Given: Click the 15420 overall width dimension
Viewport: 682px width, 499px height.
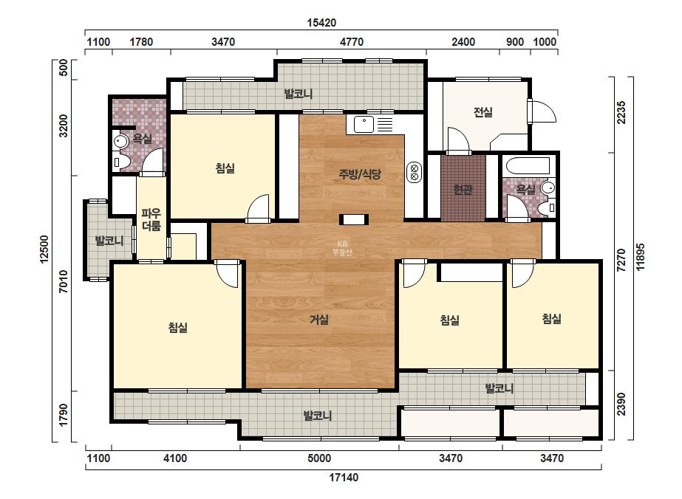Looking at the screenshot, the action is (321, 23).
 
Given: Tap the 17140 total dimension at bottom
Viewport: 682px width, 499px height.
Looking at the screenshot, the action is (344, 478).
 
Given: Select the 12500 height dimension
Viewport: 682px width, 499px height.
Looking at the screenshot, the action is (44, 250).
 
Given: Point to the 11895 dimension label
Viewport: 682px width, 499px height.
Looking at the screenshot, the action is (640, 257).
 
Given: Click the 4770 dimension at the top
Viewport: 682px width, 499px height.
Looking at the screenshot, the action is (352, 42).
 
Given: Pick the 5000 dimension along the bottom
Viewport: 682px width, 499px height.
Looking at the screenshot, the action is (319, 458).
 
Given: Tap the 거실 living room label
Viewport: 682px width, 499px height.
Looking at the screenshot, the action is (319, 320).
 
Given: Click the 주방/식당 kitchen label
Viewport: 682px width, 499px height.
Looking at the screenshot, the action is (360, 174).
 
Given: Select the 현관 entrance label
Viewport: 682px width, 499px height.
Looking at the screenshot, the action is (463, 190).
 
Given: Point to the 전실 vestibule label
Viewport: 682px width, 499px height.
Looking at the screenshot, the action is (482, 112).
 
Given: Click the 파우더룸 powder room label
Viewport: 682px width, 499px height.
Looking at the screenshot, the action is (151, 219).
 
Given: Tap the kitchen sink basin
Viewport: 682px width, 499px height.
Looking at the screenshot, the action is (364, 124).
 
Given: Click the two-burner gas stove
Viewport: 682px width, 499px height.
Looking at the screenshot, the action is (414, 172).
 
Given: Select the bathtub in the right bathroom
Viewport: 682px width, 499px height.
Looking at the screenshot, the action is (528, 166).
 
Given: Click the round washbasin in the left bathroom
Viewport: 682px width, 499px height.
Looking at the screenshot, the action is (120, 141).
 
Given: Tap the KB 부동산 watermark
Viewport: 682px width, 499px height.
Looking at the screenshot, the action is (342, 249).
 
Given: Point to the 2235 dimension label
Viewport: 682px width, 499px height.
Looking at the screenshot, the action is (621, 112).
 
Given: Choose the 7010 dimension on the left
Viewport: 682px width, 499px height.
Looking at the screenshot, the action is (64, 281).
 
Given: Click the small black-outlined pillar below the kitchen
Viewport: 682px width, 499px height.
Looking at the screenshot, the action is (354, 219).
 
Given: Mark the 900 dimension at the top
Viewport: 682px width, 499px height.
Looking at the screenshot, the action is (515, 42).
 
